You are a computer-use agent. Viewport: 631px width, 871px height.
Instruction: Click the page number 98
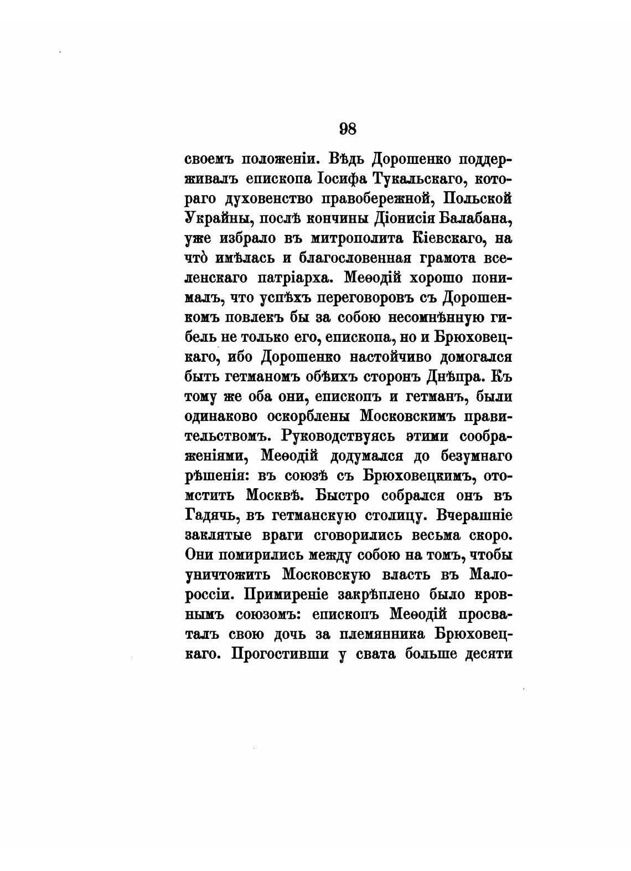[x=347, y=129]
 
